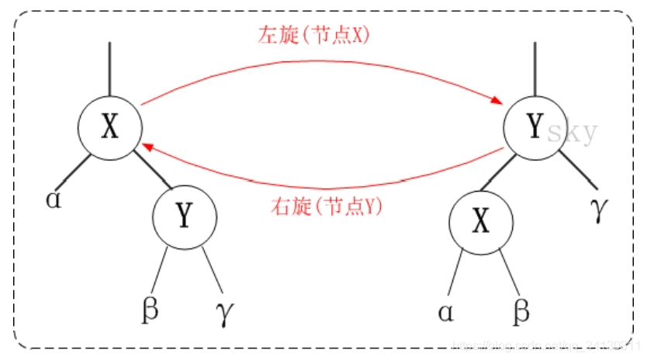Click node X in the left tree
(110, 127)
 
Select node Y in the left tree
(183, 216)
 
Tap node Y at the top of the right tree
(534, 126)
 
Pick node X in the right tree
(481, 222)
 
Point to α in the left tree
(53, 199)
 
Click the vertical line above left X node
(109, 69)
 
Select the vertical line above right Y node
(535, 69)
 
